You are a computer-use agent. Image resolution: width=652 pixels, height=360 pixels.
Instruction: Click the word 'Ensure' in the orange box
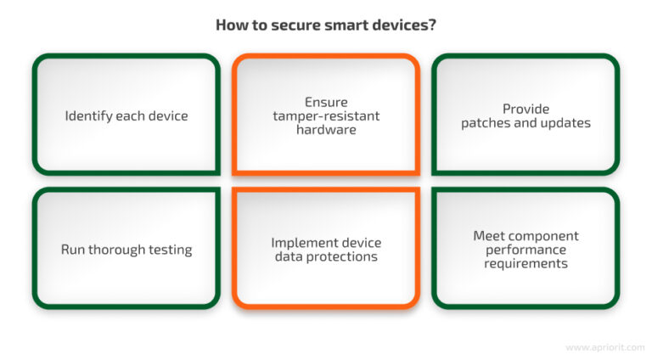326,102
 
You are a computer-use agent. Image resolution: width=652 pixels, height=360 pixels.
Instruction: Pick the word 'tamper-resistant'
326,115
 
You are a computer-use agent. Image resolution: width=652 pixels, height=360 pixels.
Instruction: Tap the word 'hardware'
326,129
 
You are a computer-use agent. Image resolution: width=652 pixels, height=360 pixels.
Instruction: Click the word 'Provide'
526,109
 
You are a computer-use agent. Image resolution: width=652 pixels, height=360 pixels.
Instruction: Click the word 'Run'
73,250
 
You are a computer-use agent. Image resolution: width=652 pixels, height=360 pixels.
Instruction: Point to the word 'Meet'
489,236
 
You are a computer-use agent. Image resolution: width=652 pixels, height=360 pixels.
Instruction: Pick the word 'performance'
526,250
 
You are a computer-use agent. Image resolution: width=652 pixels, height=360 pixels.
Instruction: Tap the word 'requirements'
526,263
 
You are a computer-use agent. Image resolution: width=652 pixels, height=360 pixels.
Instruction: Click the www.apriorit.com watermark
604,347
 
